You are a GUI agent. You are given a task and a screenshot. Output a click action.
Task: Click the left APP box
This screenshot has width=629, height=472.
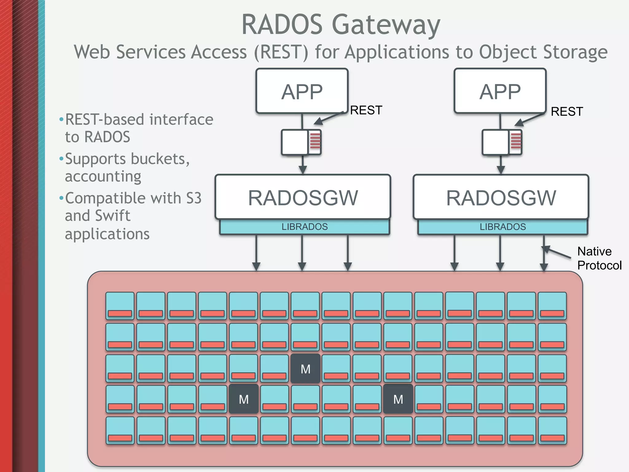pyautogui.click(x=302, y=91)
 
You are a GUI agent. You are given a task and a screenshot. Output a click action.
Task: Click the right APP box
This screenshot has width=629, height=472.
pyautogui.click(x=500, y=91)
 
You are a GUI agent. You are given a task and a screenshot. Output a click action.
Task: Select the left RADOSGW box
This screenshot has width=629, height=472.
pyautogui.click(x=303, y=197)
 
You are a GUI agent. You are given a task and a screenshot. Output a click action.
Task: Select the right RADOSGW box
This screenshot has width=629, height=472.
pyautogui.click(x=501, y=197)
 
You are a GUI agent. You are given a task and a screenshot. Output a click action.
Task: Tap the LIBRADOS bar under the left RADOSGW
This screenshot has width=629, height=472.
pyautogui.click(x=304, y=227)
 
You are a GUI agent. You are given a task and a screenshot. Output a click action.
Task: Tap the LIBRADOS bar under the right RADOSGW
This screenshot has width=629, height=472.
pyautogui.click(x=503, y=227)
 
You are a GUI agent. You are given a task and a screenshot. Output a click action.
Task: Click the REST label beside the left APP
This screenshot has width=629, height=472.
pyautogui.click(x=366, y=110)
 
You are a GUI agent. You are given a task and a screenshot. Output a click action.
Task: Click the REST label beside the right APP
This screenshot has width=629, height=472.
pyautogui.click(x=567, y=112)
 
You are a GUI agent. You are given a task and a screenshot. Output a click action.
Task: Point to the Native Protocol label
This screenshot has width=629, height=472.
pyautogui.click(x=599, y=258)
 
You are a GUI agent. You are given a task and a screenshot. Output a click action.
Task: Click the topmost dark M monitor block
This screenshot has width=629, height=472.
pyautogui.click(x=305, y=369)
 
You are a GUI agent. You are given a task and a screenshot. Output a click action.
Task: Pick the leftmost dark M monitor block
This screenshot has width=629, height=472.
pyautogui.click(x=244, y=399)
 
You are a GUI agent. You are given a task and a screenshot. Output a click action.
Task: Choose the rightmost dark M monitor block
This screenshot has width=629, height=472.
pyautogui.click(x=398, y=399)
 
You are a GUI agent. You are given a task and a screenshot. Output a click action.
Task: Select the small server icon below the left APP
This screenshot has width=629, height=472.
pyautogui.click(x=301, y=142)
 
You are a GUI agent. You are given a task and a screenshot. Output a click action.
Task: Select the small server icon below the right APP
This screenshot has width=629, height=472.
pyautogui.click(x=502, y=142)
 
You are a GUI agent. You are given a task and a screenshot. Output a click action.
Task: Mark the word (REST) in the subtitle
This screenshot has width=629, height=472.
pyautogui.click(x=281, y=52)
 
